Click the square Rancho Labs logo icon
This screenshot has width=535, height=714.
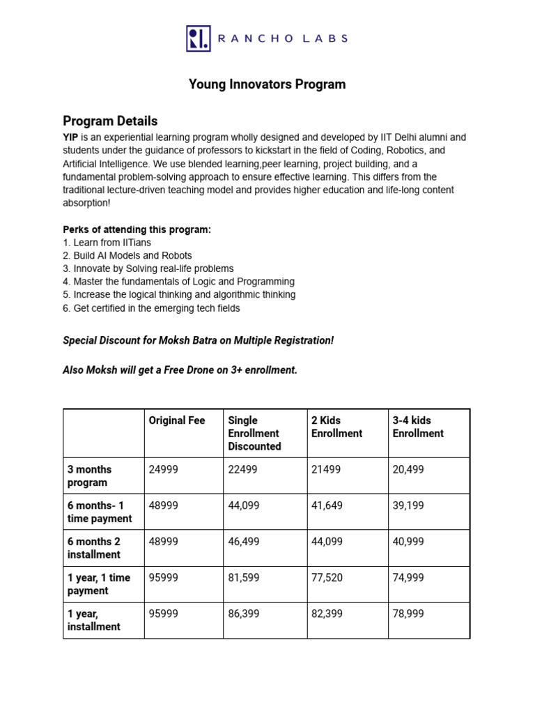tap(198, 38)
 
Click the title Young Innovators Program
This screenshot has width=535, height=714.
tap(267, 84)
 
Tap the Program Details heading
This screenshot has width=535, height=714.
tap(110, 121)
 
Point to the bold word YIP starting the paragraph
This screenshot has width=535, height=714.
tap(71, 137)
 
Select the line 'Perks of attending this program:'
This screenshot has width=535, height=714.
tap(137, 229)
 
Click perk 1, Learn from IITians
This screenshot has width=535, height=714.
tap(107, 243)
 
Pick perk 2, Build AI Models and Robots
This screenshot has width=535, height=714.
tap(127, 256)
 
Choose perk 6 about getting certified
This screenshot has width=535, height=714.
tap(151, 308)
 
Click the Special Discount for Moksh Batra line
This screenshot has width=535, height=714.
tap(198, 340)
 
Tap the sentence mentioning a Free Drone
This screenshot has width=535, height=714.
tap(180, 370)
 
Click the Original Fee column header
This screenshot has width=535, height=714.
tap(177, 420)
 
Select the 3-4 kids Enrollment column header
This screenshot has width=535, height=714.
tap(418, 427)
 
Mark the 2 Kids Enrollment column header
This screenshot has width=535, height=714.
tap(336, 427)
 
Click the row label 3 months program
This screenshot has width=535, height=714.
tap(89, 476)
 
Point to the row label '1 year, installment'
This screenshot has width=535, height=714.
tap(93, 620)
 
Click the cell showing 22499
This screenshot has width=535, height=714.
tap(242, 470)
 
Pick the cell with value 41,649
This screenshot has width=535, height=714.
tap(327, 506)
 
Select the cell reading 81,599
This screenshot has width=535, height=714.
tap(244, 578)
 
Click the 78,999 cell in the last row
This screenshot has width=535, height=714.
tap(408, 614)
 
